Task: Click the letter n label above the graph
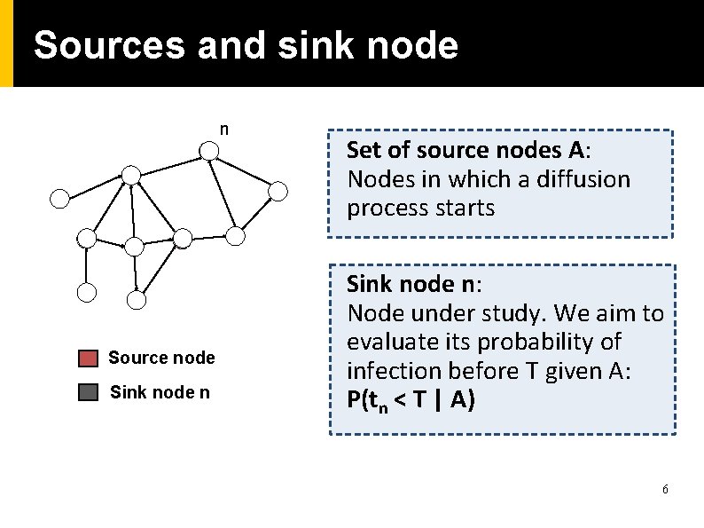[x=224, y=130]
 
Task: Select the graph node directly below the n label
[x=208, y=151]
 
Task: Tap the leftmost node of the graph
[x=59, y=198]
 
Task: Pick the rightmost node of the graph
[x=278, y=190]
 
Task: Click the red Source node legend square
[x=88, y=359]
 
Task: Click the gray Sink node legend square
[x=88, y=392]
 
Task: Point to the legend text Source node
[x=161, y=358]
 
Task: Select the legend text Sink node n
[x=160, y=392]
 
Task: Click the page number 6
[x=665, y=490]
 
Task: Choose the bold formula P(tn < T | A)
[x=411, y=400]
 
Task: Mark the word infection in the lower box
[x=387, y=371]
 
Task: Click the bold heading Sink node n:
[x=414, y=285]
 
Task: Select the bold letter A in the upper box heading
[x=577, y=150]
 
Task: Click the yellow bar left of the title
[x=7, y=43]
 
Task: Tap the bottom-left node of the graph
[x=86, y=291]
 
